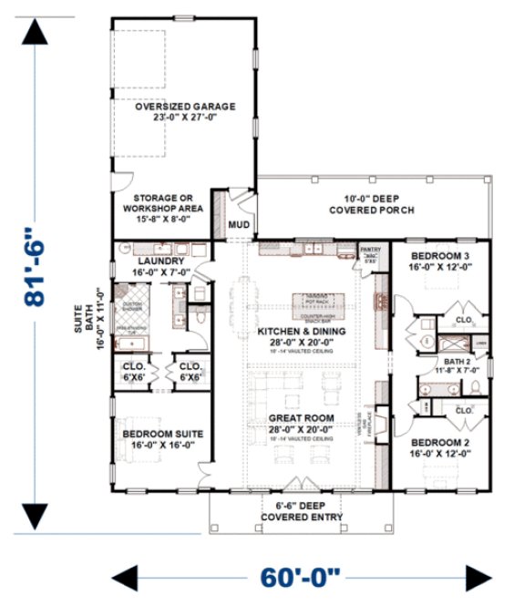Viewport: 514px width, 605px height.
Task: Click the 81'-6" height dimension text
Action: [x=36, y=273]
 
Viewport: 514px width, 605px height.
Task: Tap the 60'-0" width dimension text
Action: [x=301, y=577]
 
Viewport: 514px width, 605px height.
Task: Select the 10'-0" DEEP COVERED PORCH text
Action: [x=370, y=204]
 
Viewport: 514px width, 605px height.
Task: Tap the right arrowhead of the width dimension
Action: [x=478, y=577]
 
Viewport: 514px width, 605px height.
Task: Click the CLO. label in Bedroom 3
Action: [x=462, y=321]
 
